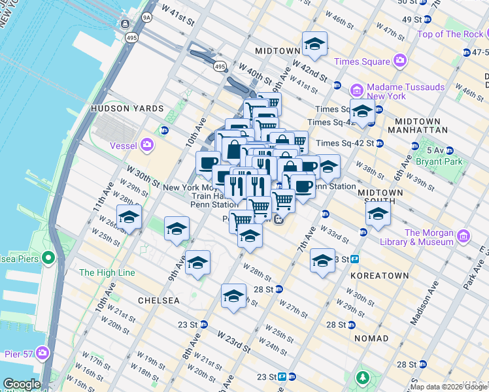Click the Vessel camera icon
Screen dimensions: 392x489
pyautogui.click(x=148, y=144)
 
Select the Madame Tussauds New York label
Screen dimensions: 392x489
pyautogui.click(x=405, y=91)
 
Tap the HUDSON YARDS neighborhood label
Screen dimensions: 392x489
pyautogui.click(x=121, y=108)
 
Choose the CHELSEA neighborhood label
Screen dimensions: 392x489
pyautogui.click(x=158, y=301)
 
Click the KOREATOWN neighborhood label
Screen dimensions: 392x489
pyautogui.click(x=379, y=276)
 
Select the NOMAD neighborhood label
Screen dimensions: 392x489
pyautogui.click(x=371, y=338)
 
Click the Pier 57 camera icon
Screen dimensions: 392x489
pyautogui.click(x=43, y=353)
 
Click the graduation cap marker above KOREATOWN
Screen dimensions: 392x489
pyautogui.click(x=322, y=261)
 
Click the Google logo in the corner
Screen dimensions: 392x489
pyautogui.click(x=22, y=384)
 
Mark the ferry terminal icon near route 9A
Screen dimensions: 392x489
pyautogui.click(x=124, y=24)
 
